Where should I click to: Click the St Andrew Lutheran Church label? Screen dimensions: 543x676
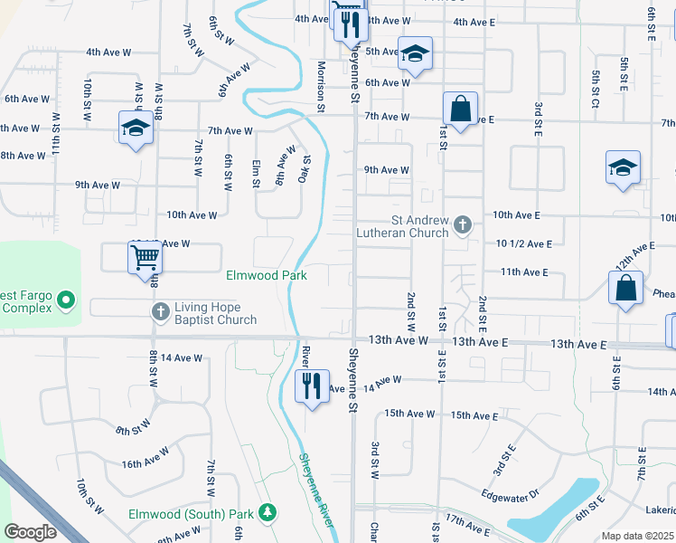419,225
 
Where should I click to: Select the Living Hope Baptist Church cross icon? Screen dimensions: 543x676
160,311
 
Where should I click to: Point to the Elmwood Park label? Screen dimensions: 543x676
267,275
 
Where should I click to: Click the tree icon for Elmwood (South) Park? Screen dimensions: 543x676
267,513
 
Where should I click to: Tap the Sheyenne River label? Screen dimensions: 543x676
318,490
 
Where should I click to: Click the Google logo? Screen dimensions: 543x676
30,531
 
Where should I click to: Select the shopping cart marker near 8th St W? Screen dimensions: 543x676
145,258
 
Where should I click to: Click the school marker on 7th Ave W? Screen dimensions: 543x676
136,128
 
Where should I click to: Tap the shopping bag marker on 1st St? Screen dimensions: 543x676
460,109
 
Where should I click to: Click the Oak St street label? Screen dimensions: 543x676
305,168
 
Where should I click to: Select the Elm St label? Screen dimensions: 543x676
256,173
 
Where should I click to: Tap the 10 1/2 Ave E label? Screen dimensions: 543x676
523,243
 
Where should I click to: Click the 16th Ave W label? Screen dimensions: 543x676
145,463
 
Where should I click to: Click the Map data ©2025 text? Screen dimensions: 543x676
637,536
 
